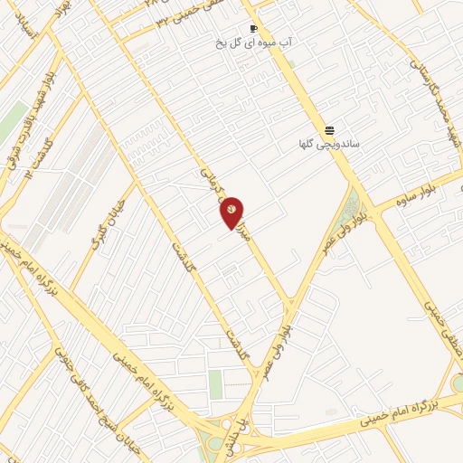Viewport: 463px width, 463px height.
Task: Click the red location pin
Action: pyautogui.click(x=231, y=210)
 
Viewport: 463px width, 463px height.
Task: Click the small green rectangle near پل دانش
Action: pyautogui.click(x=215, y=384)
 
